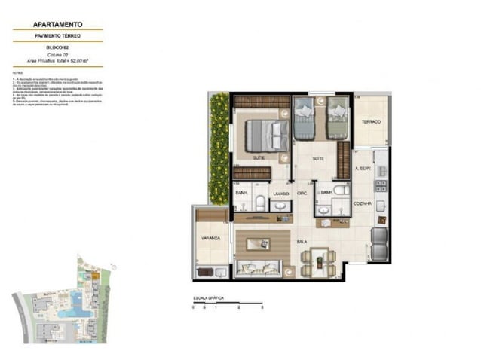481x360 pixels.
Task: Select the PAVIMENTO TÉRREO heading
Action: (x=57, y=36)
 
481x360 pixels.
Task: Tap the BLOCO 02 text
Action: (x=57, y=47)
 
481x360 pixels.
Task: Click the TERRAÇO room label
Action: (x=370, y=122)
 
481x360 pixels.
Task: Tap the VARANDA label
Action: (x=210, y=238)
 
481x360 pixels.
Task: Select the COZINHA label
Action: (x=364, y=203)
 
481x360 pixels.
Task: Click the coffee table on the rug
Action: (x=261, y=243)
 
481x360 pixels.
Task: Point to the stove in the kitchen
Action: (x=381, y=185)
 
